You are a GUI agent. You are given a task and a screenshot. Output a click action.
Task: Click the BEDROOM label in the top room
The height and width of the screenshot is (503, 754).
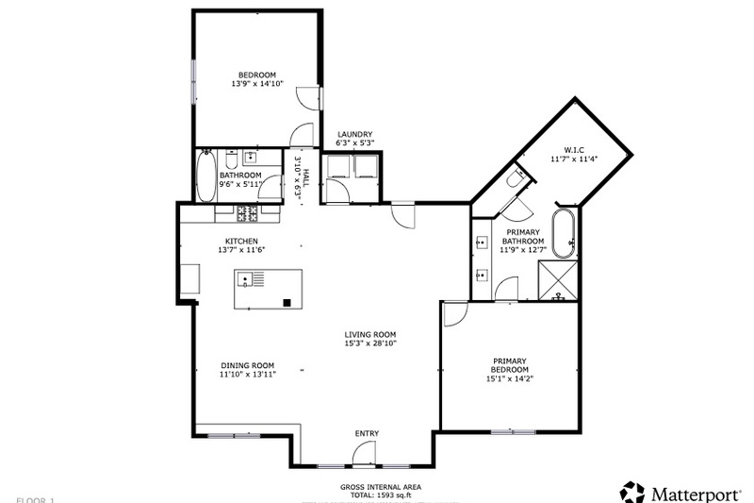point(256,75)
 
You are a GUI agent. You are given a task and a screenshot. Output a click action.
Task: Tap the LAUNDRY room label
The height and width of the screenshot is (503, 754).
point(355,134)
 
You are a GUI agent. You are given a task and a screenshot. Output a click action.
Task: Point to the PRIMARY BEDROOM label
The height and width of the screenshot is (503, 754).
point(509,365)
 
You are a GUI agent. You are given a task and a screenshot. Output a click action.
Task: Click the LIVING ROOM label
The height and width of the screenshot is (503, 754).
point(369,334)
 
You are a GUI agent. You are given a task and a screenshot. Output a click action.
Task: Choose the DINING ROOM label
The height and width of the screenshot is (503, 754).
point(248,366)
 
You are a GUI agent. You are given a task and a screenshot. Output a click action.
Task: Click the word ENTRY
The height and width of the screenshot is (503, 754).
point(367,434)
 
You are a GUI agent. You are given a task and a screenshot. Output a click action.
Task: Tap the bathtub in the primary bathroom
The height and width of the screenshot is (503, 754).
point(565,234)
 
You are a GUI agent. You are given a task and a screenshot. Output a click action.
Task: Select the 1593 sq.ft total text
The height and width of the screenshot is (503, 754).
point(381,495)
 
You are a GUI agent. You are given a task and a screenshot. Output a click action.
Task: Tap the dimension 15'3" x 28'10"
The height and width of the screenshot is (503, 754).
point(369,344)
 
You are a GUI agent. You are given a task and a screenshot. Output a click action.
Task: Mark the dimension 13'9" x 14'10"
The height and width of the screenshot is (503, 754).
point(256,84)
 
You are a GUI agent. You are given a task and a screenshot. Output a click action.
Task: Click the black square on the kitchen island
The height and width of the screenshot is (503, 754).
point(287,302)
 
